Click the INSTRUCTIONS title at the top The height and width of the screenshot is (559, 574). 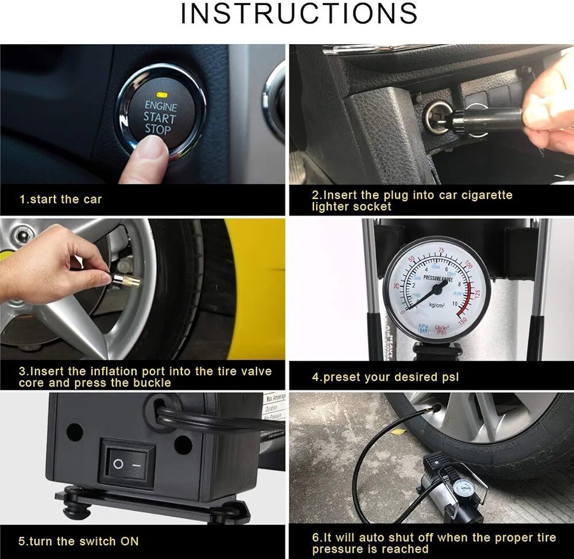(298, 14)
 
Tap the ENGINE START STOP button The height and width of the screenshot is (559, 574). (160, 115)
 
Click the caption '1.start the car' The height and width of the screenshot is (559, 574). (60, 200)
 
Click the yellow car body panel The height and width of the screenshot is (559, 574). (258, 287)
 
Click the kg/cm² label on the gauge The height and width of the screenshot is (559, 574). (433, 304)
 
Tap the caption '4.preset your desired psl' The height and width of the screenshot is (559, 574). (385, 377)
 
